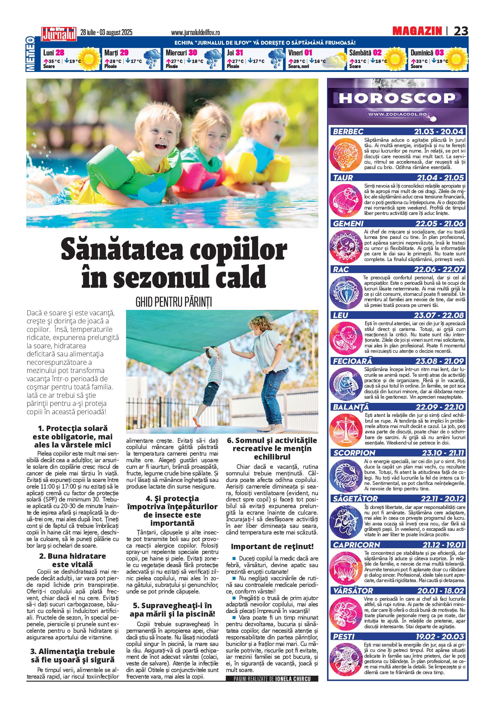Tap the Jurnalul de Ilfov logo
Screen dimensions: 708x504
tap(59, 34)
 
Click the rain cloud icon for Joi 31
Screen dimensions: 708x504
tap(277, 58)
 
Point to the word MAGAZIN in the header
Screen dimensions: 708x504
tap(417, 31)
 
